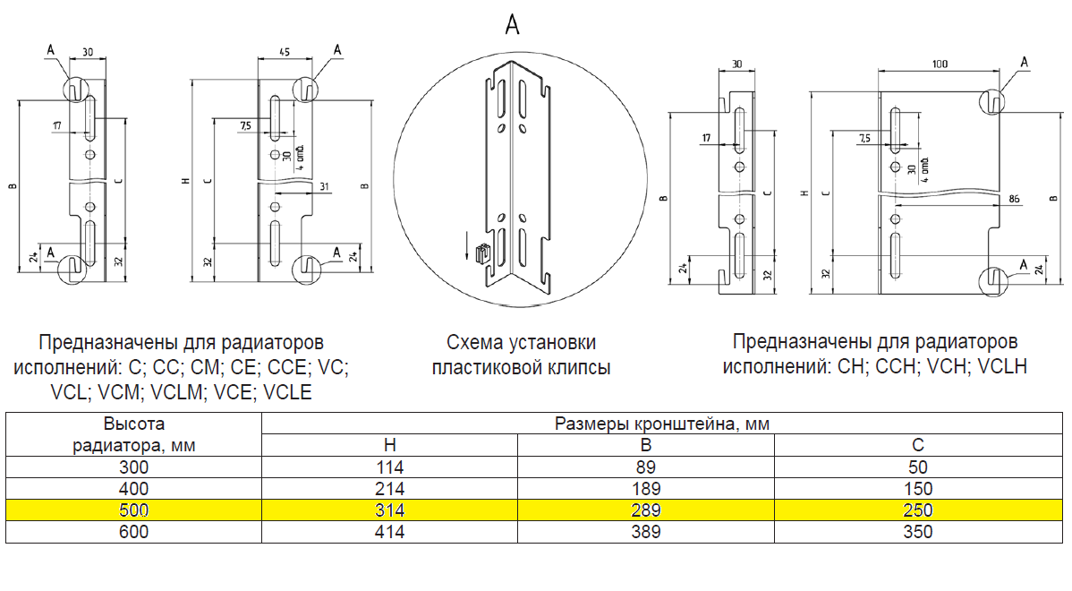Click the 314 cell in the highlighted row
(389, 510)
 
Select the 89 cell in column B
(646, 467)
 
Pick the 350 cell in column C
(918, 532)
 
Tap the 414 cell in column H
(389, 532)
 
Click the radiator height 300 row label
(133, 467)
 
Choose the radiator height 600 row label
(133, 532)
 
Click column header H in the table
(389, 445)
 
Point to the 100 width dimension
(939, 64)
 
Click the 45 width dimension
(283, 52)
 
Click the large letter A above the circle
(513, 24)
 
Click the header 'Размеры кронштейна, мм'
(662, 423)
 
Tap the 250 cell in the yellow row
(918, 510)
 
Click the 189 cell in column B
(646, 489)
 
